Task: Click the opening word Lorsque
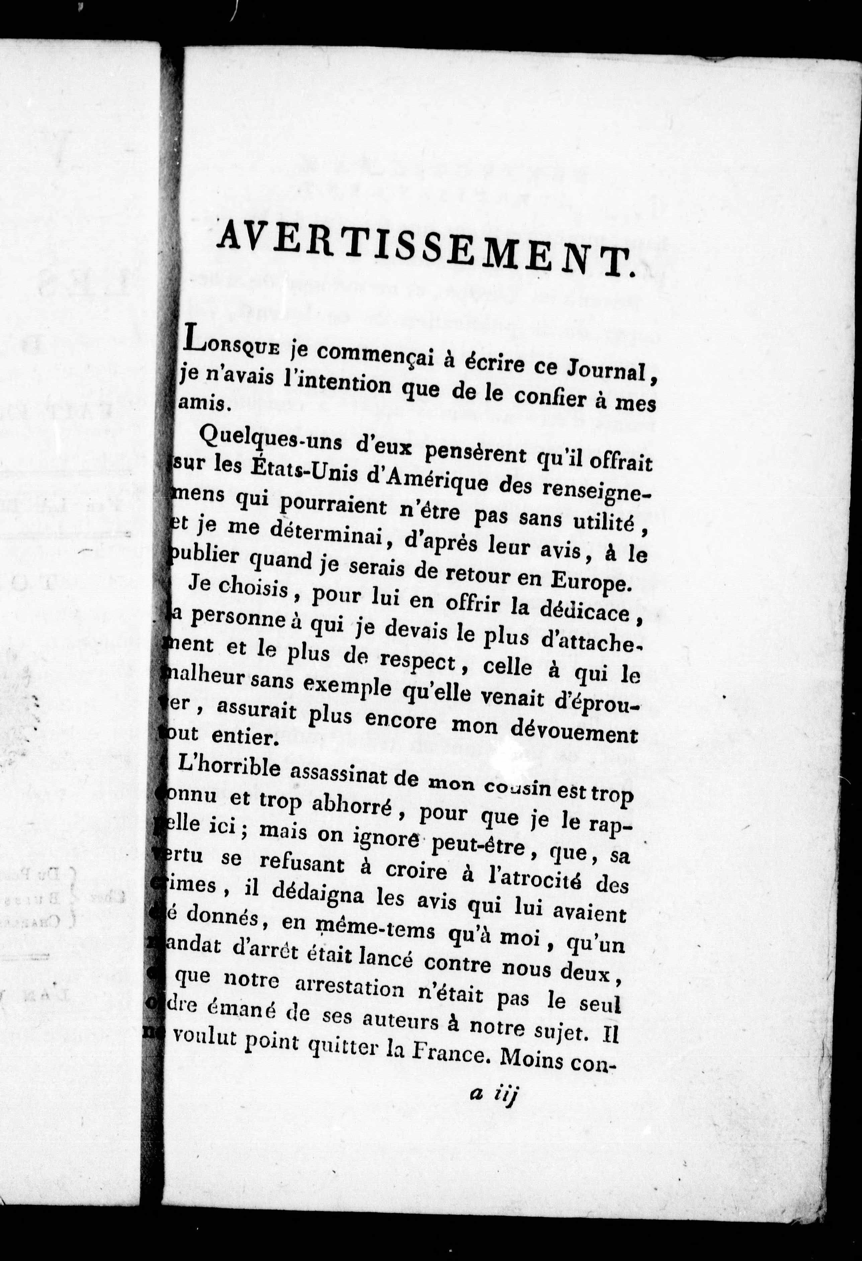click(232, 345)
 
